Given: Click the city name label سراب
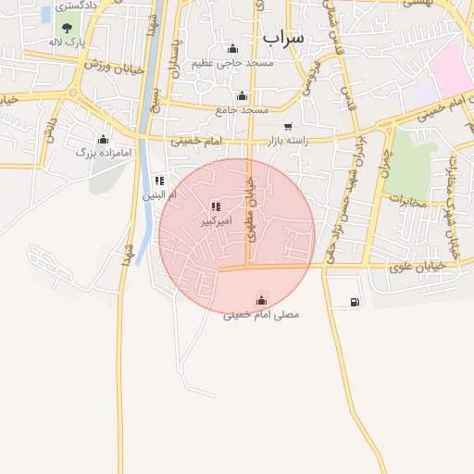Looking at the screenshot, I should [283, 36].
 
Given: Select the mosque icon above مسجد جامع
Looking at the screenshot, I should [242, 95].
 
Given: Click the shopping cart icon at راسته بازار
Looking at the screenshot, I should [288, 127].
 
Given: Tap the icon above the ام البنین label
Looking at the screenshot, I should [159, 181].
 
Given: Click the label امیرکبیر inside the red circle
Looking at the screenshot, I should [216, 222].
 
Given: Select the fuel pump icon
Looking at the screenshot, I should [355, 302].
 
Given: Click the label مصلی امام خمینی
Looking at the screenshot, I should [261, 315].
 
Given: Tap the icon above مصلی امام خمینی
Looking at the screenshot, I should [261, 300].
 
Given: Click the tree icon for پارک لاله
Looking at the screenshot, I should [66, 28].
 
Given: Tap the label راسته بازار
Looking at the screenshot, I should [287, 141].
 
